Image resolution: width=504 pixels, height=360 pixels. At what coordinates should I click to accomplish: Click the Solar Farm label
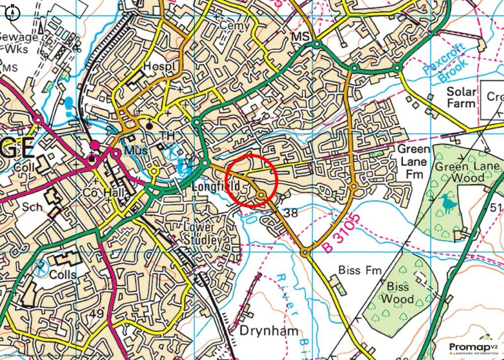point(461,97)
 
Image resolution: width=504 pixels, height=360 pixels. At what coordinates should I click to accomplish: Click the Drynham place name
point(269,330)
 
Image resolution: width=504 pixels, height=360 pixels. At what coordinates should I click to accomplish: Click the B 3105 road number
point(340,233)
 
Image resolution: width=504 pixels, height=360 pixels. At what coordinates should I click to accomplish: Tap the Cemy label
point(231,25)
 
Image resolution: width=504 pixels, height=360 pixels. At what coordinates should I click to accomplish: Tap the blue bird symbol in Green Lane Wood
point(448,204)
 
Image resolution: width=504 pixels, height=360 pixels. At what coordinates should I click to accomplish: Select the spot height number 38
point(291,212)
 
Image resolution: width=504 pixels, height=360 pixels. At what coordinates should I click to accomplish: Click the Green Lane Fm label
point(413,161)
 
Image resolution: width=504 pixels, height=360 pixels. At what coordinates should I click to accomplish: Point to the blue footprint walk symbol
point(69,105)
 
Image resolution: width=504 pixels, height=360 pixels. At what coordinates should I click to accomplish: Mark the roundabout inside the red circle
point(261,195)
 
